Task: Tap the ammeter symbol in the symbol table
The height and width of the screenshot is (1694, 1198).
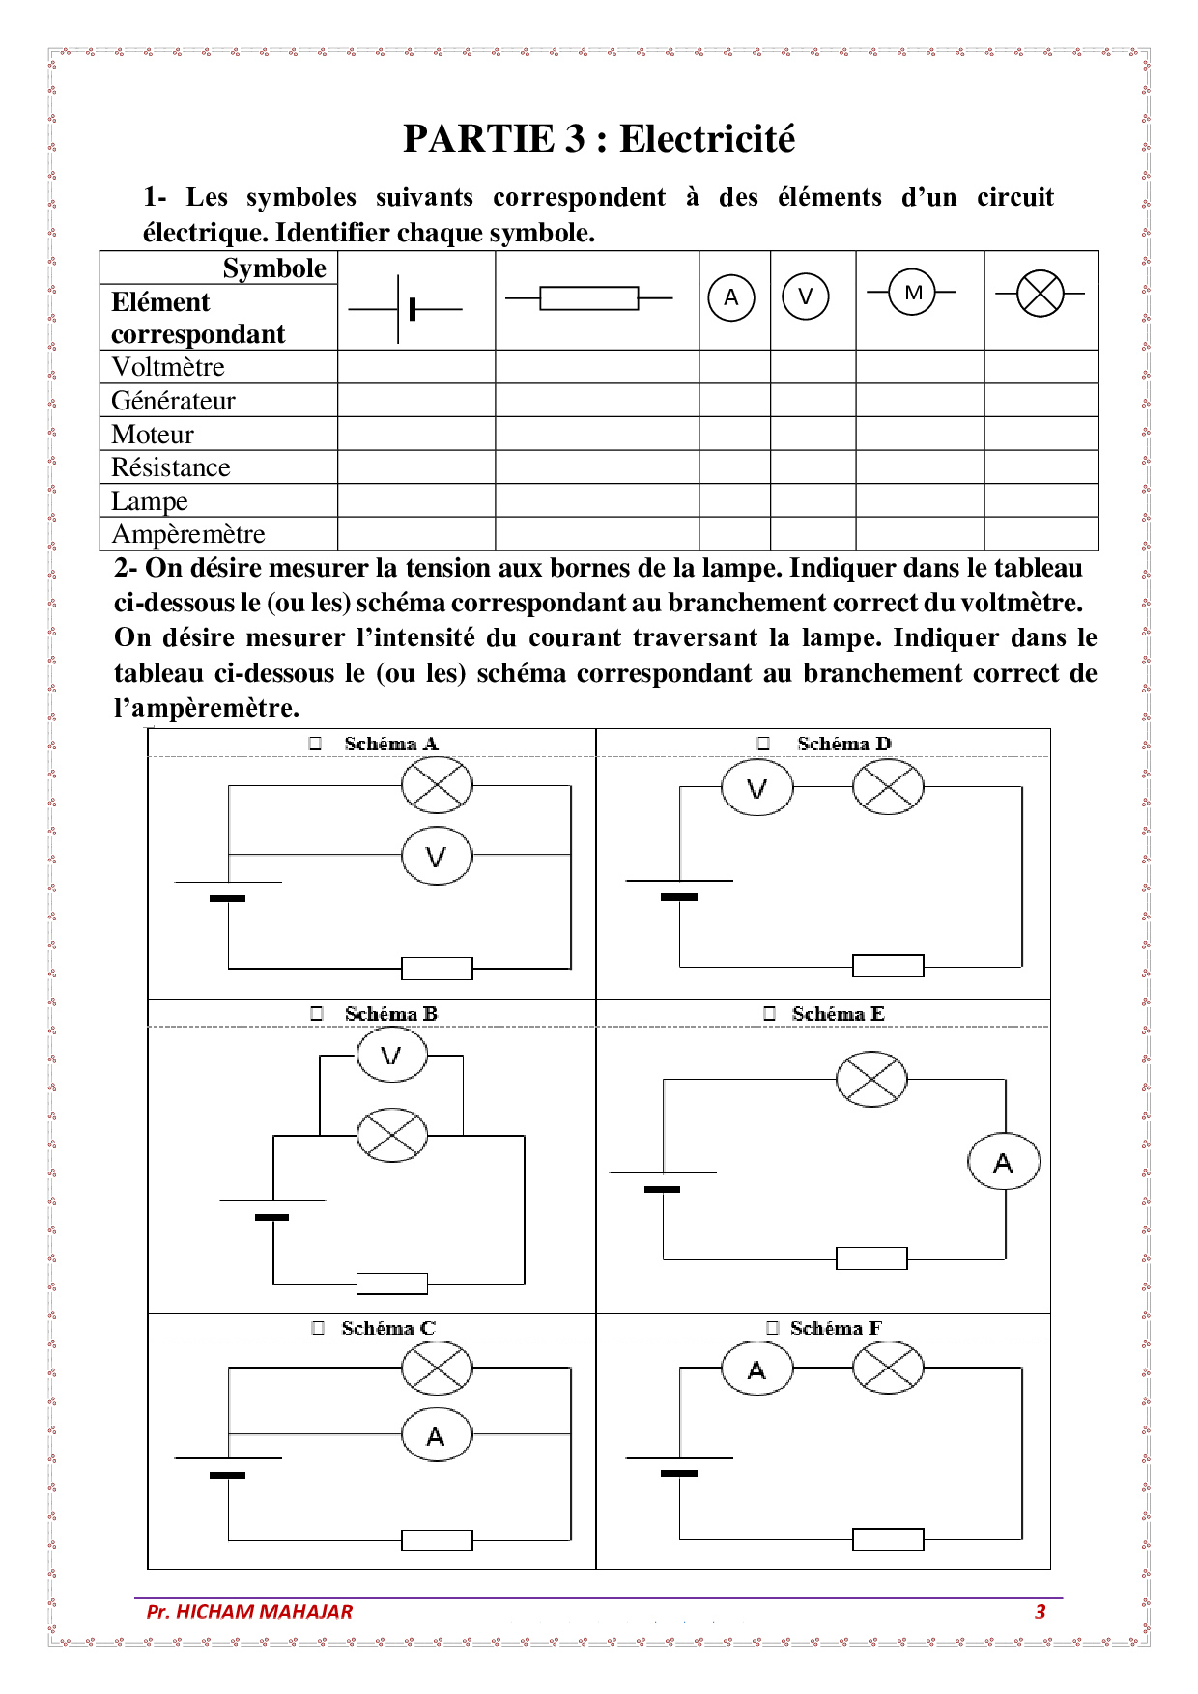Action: pos(731,297)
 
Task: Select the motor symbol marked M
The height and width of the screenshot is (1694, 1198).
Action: pos(913,293)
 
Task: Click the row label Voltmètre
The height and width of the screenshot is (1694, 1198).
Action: pos(168,367)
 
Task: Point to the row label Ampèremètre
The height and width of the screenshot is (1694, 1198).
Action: pos(188,534)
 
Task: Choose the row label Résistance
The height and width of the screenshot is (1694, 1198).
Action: pos(171,467)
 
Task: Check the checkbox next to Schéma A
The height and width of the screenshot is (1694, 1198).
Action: pos(315,744)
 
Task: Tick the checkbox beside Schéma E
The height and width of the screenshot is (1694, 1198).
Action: pos(770,1013)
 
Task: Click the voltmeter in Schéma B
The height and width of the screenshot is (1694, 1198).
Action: pos(391,1055)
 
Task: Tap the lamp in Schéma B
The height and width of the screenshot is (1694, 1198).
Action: pos(391,1135)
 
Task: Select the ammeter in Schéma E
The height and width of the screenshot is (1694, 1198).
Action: pos(1004,1163)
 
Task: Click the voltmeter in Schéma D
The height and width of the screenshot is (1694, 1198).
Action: pos(756,788)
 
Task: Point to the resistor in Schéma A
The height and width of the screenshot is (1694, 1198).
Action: pos(437,968)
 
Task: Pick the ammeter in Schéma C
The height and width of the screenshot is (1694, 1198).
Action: pos(437,1436)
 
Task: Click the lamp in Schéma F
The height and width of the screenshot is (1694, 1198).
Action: pos(888,1368)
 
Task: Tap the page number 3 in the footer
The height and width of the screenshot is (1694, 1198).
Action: pos(1040,1611)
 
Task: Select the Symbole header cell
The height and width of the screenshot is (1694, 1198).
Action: pos(274,268)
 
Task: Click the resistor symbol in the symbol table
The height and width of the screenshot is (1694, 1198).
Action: pos(588,298)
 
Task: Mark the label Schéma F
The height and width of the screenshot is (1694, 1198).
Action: pos(836,1328)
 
